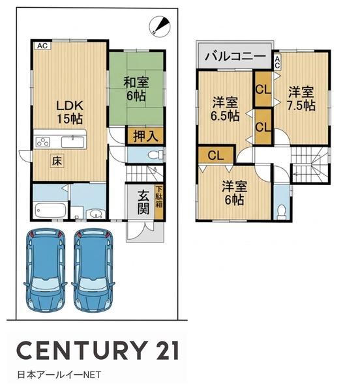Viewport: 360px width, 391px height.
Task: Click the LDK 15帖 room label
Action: (x=70, y=112)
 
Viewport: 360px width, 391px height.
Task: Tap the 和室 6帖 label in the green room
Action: (x=136, y=89)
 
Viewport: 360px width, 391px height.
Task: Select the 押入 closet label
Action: (x=145, y=136)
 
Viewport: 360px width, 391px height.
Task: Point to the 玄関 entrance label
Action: (x=143, y=202)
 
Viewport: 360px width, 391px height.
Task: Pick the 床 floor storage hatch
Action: (x=57, y=161)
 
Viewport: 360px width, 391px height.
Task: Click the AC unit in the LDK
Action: (x=42, y=46)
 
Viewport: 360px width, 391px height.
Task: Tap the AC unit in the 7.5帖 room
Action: (x=277, y=62)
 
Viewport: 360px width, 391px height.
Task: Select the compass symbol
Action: (x=160, y=26)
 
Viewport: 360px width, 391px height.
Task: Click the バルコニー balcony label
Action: (x=235, y=56)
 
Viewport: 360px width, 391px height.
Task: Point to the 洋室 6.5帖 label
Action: (x=225, y=109)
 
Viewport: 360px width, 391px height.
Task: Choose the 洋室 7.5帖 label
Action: (x=301, y=98)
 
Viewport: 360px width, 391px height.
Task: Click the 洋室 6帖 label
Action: (x=235, y=193)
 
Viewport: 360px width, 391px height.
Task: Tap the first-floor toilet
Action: (x=155, y=155)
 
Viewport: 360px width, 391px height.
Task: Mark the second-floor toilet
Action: (x=282, y=211)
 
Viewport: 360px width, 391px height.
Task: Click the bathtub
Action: (x=51, y=210)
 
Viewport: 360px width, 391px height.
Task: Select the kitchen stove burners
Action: (x=43, y=142)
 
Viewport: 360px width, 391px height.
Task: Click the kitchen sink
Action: (x=72, y=142)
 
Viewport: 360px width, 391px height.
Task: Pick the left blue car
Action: (x=46, y=270)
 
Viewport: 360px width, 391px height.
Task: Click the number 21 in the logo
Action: (x=167, y=351)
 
